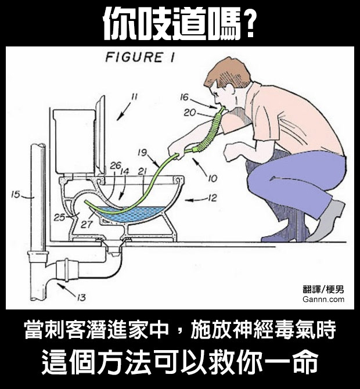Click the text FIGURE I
tap(140, 57)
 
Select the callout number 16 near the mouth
tap(184, 97)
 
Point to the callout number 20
tap(190, 113)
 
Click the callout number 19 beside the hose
tap(142, 152)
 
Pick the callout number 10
tap(213, 178)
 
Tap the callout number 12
tap(212, 198)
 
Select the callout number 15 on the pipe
tap(15, 195)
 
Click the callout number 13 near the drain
tap(81, 297)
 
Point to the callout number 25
tap(59, 217)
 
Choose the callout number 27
tap(87, 224)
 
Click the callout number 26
tap(116, 165)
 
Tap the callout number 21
tap(142, 171)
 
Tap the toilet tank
tap(74, 141)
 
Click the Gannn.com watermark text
tap(323, 300)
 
